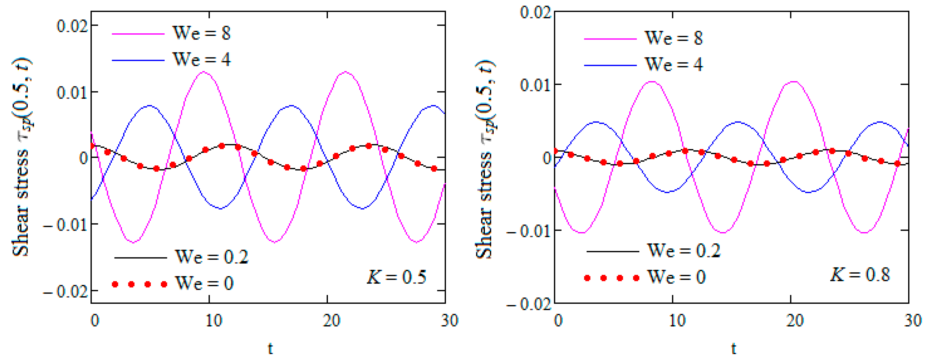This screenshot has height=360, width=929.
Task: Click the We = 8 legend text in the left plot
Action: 201,33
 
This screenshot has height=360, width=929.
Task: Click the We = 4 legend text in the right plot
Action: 674,65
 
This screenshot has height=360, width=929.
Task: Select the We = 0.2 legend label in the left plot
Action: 212,257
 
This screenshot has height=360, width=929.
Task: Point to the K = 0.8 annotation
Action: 860,275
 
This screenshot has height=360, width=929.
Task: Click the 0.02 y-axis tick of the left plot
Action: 72,26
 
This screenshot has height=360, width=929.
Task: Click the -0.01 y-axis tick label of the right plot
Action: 529,231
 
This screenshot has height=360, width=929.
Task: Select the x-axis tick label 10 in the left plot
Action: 214,320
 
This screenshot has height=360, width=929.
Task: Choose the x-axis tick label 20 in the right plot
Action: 795,320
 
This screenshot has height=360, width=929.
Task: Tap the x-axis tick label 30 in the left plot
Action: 449,320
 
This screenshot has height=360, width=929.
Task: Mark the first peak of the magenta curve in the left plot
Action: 204,72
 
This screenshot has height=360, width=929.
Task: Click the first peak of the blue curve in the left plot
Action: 149,106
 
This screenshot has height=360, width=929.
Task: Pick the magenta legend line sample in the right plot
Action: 610,39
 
